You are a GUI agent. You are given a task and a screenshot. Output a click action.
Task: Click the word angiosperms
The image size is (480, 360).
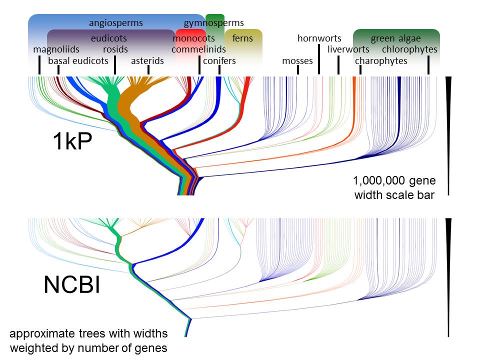[x=116, y=23]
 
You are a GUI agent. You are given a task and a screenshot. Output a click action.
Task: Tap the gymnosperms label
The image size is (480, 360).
[x=214, y=23]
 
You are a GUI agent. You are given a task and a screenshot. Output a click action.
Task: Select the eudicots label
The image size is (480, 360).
[x=109, y=38]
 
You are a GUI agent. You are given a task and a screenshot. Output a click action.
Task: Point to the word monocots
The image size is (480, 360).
[x=194, y=38]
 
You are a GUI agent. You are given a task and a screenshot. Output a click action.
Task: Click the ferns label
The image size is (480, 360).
[x=243, y=38]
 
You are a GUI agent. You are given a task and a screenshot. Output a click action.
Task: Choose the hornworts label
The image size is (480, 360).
[x=319, y=38]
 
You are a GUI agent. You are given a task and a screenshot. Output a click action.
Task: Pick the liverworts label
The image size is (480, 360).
[x=348, y=49]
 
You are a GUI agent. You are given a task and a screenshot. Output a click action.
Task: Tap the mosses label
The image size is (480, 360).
[x=297, y=61]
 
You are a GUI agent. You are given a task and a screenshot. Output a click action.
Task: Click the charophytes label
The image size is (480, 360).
[x=381, y=61]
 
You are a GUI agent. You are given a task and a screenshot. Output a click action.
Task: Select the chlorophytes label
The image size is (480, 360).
[x=409, y=49]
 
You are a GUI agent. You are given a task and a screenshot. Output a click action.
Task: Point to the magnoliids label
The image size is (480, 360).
[x=56, y=49]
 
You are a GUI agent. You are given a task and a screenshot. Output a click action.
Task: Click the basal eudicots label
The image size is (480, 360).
[x=78, y=61]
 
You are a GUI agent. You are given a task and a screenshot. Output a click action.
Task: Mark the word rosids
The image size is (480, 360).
[x=115, y=49]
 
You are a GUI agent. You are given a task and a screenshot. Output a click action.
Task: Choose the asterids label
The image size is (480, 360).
[x=147, y=61]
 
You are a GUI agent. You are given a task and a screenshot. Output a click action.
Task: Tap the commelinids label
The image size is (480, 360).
[x=198, y=49]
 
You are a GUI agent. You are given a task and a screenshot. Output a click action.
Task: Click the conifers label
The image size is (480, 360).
[x=219, y=61]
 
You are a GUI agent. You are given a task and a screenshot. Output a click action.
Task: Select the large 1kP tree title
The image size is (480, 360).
[x=72, y=142]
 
